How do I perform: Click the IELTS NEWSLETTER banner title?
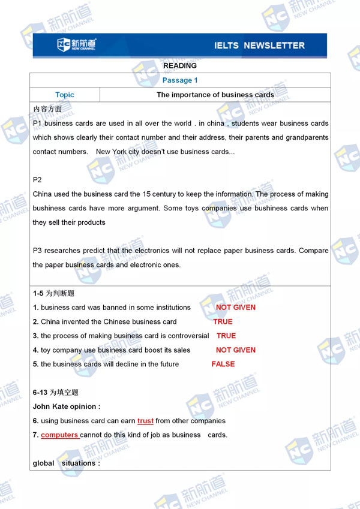259,46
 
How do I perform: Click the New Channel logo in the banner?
76,45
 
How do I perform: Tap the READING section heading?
180,66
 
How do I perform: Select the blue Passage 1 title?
180,80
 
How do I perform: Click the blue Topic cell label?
65,95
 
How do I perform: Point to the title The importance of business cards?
215,95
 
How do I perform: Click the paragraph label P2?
38,180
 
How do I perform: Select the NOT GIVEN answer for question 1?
236,308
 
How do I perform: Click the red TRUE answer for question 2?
223,322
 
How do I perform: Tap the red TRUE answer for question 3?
226,336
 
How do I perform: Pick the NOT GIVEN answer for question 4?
236,350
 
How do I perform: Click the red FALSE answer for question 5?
223,364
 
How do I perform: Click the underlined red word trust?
145,421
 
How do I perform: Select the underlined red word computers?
59,435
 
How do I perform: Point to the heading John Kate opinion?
67,406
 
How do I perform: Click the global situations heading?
67,463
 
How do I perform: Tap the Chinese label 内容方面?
47,109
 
